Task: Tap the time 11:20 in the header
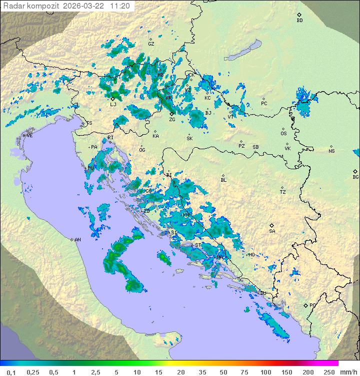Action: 120,6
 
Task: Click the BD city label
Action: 299,21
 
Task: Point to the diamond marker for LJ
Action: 113,99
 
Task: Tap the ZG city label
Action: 172,120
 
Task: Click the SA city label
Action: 272,231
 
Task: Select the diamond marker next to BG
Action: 355,171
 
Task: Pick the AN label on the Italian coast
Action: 77,240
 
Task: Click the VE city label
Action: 29,136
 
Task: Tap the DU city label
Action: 263,293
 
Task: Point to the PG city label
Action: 312,305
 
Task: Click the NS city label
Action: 331,151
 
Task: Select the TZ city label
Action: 283,192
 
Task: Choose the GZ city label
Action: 151,44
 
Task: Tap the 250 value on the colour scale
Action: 329,372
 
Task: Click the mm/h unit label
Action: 348,372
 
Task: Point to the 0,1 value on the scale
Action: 11,372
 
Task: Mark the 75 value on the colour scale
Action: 244,372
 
